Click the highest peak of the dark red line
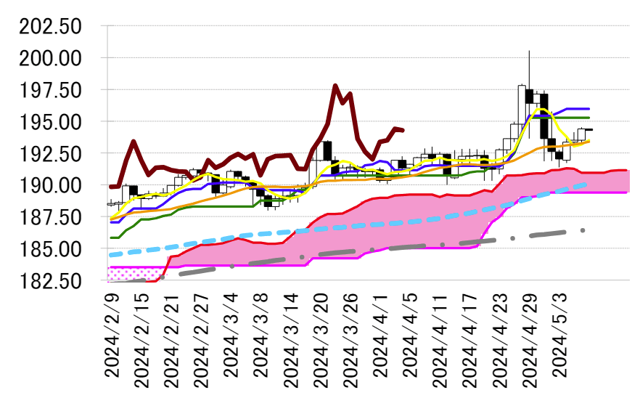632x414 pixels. click(335, 86)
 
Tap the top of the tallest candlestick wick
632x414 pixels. click(529, 51)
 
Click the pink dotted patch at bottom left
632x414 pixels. click(133, 273)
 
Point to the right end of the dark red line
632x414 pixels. click(403, 130)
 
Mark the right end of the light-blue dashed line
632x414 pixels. click(586, 184)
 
